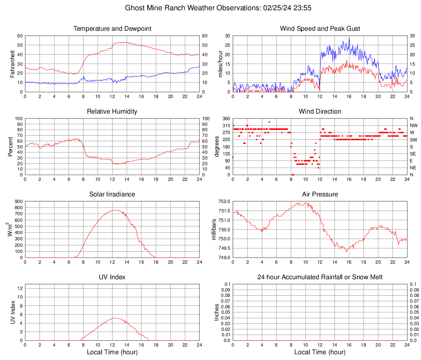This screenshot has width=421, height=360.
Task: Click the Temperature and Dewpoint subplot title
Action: coord(112,29)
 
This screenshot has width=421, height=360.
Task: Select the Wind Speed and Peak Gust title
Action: coord(320,29)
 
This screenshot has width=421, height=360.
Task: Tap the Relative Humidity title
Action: coord(112,112)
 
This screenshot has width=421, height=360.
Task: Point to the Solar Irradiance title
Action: coord(112,194)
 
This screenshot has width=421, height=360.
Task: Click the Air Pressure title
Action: coord(320,194)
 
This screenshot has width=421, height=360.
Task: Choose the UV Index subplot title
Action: coord(112,277)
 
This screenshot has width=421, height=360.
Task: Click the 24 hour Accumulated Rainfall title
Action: coord(320,277)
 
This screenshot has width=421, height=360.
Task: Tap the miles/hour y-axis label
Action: coord(221,64)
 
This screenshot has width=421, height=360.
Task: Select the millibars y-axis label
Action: coord(213,230)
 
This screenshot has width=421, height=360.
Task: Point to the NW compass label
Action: coord(414,125)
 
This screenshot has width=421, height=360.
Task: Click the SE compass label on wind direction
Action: coord(413,154)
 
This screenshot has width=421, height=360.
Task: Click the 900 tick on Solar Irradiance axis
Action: coord(18,202)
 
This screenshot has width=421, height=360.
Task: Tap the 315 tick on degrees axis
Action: coord(225,125)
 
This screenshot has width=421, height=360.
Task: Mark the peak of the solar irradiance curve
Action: coord(115,210)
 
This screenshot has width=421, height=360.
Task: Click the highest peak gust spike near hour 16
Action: coord(349,38)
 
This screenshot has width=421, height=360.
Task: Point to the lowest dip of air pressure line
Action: coord(347,252)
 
